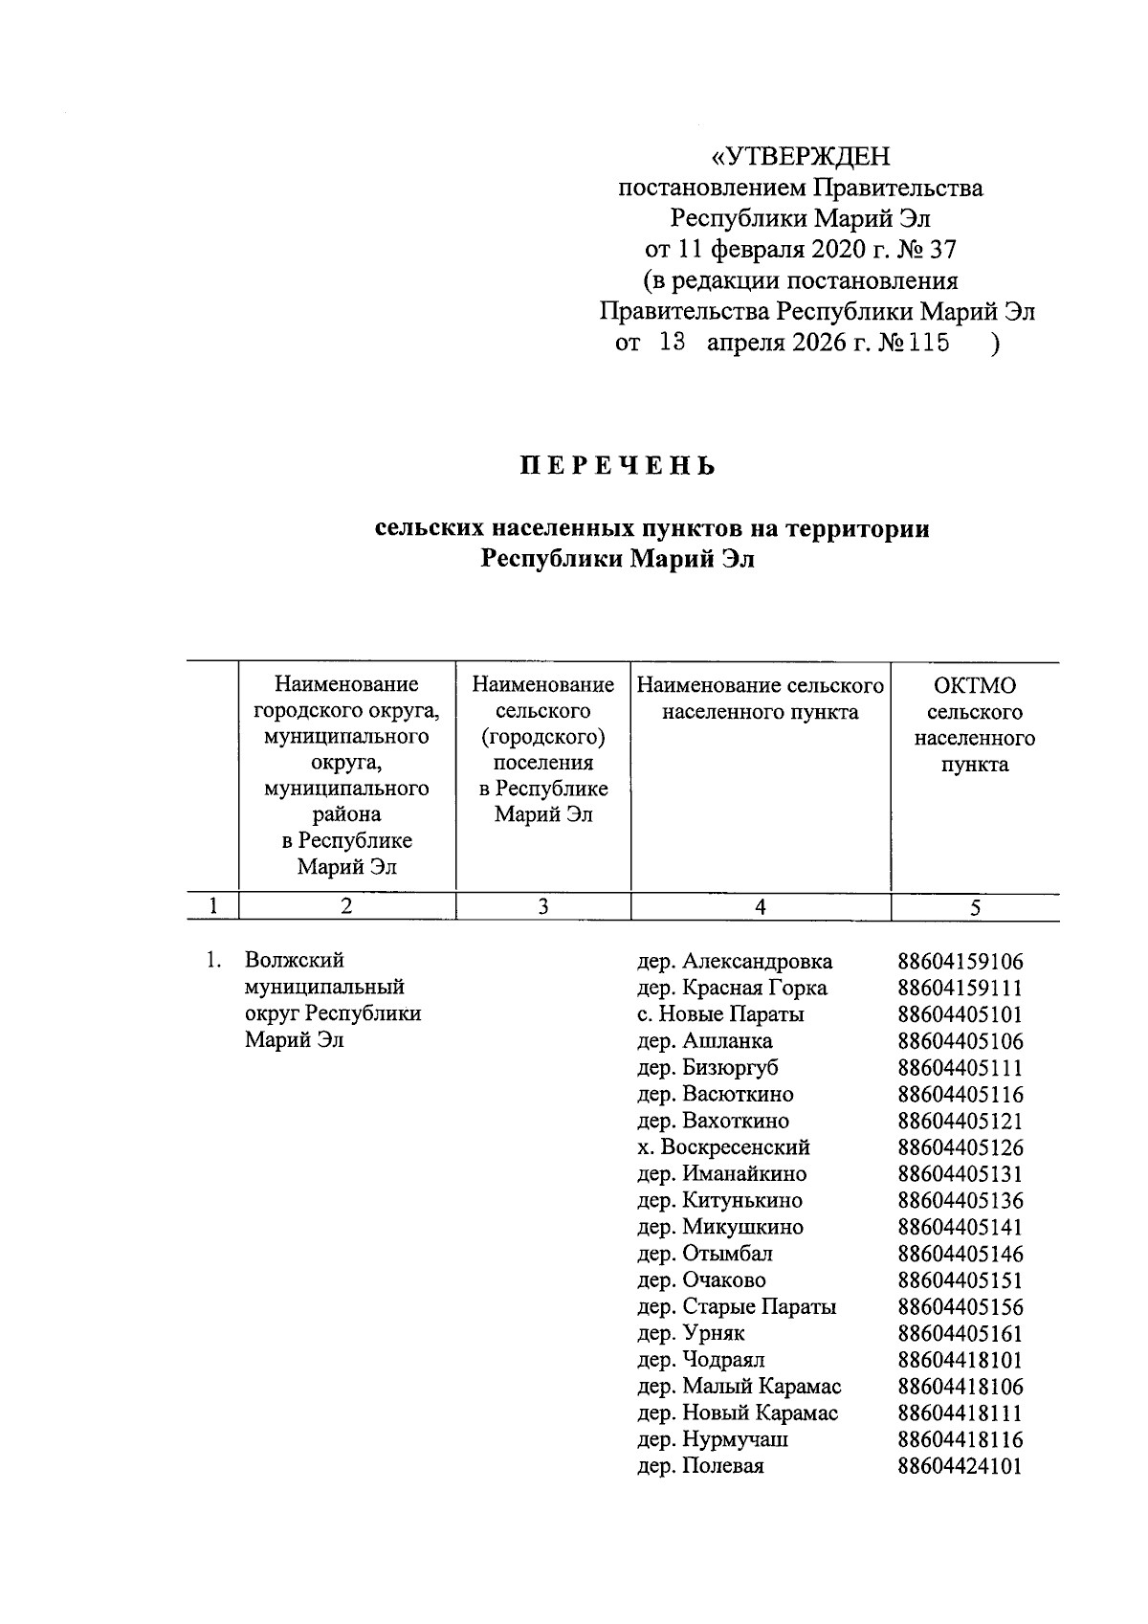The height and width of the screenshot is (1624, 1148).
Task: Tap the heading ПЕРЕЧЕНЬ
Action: pos(617,467)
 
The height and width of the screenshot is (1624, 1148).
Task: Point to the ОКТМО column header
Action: pos(974,685)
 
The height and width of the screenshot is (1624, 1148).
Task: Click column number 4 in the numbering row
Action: pos(760,907)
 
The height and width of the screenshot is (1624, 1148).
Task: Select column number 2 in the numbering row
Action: pos(346,907)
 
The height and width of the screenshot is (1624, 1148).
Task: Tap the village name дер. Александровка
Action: pos(735,961)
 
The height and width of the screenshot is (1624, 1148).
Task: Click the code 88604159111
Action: pos(960,988)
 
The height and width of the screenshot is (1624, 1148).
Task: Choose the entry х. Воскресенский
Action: pos(723,1147)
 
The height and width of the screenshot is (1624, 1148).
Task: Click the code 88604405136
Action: pos(960,1200)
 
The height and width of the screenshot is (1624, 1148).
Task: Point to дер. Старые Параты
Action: pos(737,1307)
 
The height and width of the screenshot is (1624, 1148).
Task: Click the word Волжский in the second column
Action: pos(294,961)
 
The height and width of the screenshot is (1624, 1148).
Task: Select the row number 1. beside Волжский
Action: pos(214,961)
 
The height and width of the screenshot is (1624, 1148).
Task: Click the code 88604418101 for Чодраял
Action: pos(960,1360)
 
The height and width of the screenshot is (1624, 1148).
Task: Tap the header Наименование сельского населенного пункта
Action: pos(760,699)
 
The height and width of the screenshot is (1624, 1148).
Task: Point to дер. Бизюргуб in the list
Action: pos(708,1068)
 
